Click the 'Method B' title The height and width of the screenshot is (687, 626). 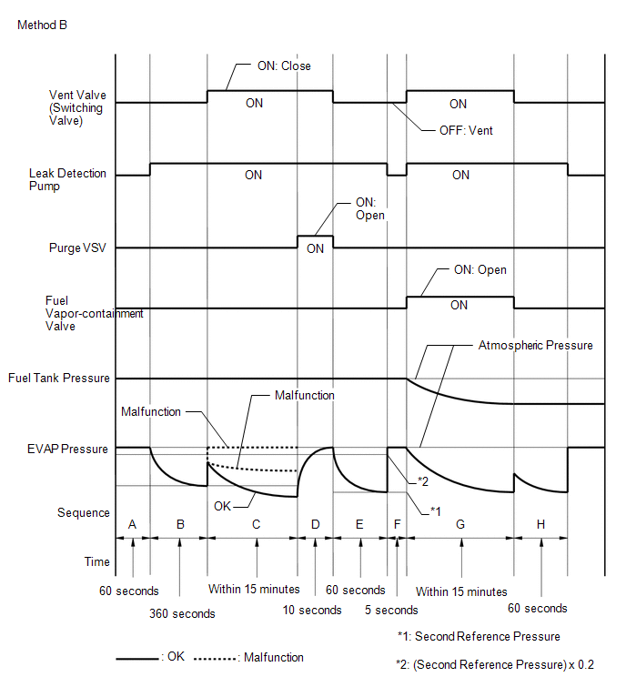click(42, 25)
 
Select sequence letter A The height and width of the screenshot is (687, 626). click(133, 524)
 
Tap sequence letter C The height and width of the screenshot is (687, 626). click(257, 524)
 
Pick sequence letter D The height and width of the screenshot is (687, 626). click(315, 524)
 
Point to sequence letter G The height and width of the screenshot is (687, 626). click(459, 524)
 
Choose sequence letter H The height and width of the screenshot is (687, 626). click(540, 524)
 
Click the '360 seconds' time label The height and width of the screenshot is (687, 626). click(182, 613)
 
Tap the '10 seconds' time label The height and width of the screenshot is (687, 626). click(312, 610)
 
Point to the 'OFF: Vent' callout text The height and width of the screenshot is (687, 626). click(466, 130)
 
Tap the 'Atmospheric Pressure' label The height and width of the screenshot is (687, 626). click(535, 346)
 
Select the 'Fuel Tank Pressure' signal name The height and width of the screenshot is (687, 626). click(58, 378)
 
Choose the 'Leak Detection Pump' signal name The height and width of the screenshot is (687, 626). click(67, 179)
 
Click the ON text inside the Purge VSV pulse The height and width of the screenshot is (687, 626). click(315, 248)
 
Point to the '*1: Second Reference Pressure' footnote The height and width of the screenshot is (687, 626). click(479, 636)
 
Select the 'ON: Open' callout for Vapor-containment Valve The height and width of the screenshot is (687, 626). click(480, 270)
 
